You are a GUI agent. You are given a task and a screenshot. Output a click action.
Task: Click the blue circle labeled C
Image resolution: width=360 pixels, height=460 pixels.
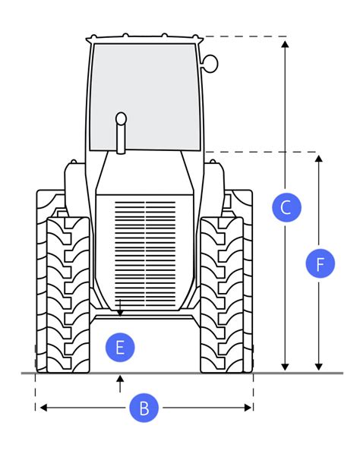click(x=286, y=207)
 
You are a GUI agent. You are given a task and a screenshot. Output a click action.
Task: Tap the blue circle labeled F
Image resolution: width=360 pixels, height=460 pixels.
click(x=320, y=263)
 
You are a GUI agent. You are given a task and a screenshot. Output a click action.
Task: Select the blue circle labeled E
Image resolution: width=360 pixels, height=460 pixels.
click(x=120, y=348)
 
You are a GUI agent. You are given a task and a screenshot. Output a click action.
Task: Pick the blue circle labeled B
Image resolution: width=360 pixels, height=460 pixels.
click(x=144, y=408)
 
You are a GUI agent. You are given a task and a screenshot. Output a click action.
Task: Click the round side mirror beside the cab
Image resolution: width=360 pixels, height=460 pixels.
click(x=210, y=63)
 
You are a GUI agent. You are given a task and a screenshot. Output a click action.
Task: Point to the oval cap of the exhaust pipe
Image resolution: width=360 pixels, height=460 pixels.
click(x=121, y=119)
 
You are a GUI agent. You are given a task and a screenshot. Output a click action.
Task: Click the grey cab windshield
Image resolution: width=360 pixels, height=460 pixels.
click(x=145, y=97)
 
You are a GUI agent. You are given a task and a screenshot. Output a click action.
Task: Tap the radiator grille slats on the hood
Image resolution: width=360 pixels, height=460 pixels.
click(x=145, y=254)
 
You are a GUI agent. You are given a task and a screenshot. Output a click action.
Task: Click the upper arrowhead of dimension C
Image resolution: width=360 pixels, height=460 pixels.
click(x=285, y=44)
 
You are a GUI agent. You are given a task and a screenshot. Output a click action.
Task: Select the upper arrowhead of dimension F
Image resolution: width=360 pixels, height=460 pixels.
click(x=318, y=159)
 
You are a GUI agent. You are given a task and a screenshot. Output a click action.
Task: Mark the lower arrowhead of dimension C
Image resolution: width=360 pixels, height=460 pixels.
click(x=285, y=367)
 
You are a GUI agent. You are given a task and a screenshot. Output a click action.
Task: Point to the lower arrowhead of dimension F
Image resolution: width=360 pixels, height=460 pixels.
click(x=318, y=367)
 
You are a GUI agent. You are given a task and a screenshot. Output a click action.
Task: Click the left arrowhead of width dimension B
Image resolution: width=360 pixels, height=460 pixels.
click(x=43, y=408)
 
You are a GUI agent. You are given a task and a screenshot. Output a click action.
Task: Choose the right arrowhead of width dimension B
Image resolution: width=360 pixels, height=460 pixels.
click(x=248, y=408)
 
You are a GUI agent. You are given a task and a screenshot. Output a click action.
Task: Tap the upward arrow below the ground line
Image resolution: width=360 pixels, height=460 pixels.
click(x=120, y=383)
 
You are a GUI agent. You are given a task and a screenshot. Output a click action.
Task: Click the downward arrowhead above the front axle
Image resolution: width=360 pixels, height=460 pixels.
click(x=120, y=313)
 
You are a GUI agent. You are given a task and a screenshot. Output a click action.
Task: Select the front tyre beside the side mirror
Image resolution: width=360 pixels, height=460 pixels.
click(x=222, y=295)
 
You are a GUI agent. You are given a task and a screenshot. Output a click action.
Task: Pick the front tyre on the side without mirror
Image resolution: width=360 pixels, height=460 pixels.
click(x=68, y=295)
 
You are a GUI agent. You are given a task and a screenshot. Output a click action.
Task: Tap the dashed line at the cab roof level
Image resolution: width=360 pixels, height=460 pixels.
click(x=245, y=36)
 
